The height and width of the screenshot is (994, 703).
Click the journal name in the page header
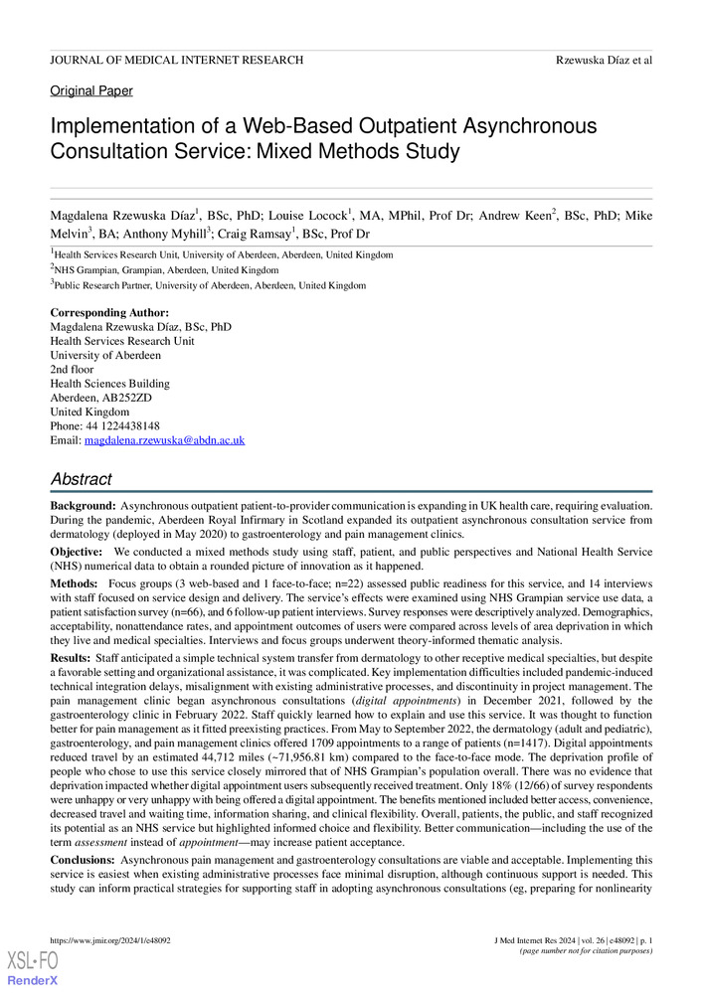176,61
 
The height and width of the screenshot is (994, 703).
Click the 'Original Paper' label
91,91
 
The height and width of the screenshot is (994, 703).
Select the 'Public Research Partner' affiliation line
210,285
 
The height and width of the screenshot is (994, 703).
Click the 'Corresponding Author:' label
109,313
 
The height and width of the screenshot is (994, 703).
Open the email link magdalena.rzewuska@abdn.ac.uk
164,439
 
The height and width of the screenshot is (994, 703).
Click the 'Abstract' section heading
82,479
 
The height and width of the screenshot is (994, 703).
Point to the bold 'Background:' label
83,507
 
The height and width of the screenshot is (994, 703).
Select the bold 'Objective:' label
78,551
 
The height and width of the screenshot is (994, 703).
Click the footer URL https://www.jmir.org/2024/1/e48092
109,940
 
